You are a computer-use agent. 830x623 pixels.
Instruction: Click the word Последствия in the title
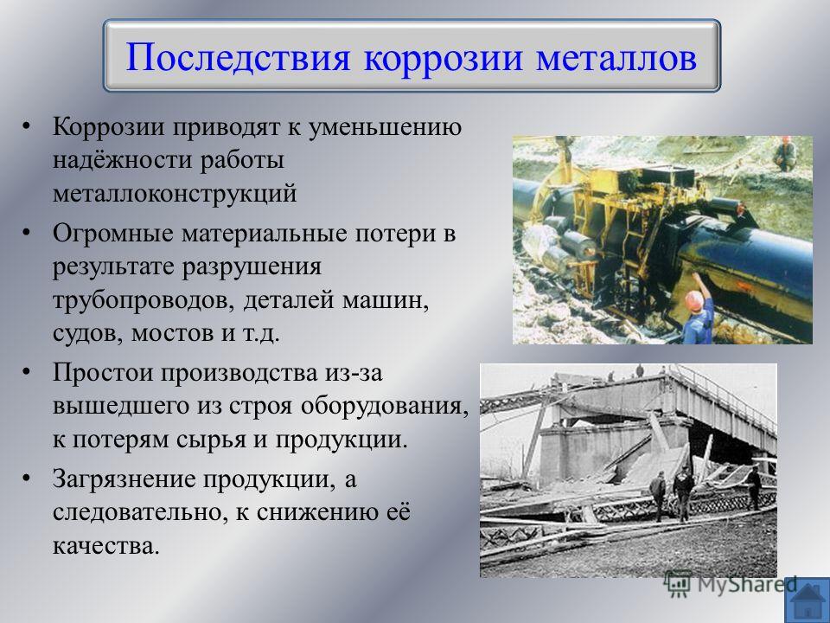click(238, 57)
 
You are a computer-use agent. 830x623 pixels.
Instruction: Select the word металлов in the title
click(616, 58)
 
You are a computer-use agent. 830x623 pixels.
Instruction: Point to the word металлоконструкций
click(175, 193)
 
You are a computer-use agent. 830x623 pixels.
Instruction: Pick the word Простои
click(103, 373)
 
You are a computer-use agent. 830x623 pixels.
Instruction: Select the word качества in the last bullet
click(105, 546)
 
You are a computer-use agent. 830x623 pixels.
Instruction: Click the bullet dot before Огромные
click(26, 233)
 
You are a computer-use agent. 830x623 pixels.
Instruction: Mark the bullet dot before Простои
click(26, 372)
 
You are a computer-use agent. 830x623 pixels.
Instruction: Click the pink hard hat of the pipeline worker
click(694, 299)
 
